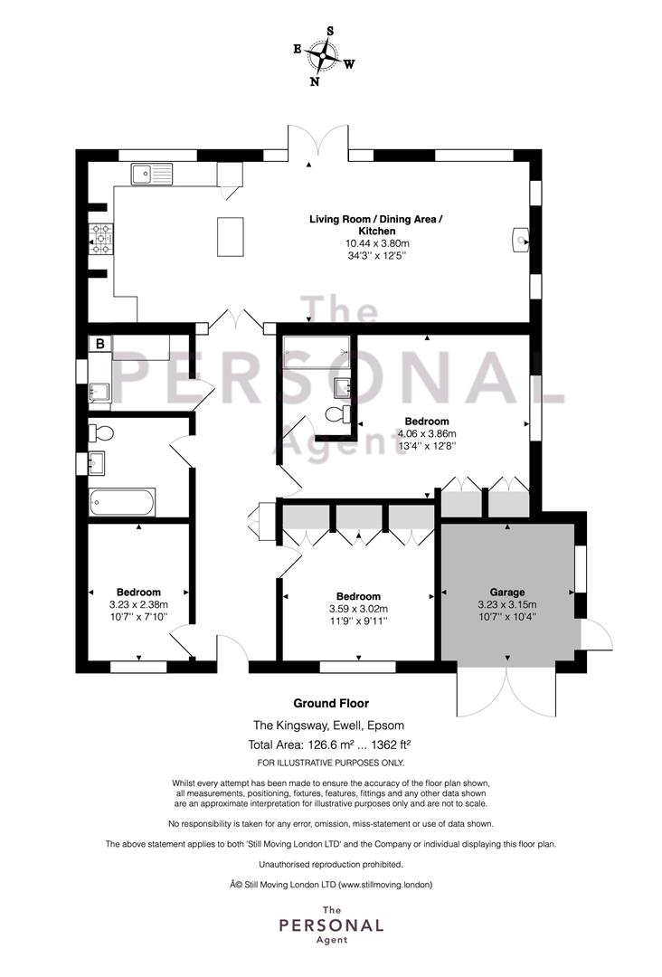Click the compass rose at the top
[x=324, y=55]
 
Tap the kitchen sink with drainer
[x=151, y=174]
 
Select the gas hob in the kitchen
[x=101, y=239]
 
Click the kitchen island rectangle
[x=231, y=236]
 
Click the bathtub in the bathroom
[x=122, y=502]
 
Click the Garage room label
[x=507, y=592]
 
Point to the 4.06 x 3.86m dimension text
[x=427, y=433]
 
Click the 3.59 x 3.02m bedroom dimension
[x=358, y=609]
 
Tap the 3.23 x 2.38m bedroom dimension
[x=138, y=604]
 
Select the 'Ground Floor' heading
[x=331, y=704]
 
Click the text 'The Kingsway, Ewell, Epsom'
[x=328, y=726]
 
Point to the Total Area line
[x=329, y=744]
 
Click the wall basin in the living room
[x=520, y=240]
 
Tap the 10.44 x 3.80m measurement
[x=377, y=243]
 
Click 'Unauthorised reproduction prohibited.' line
[x=331, y=864]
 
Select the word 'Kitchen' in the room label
[x=377, y=232]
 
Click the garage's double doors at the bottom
[x=506, y=692]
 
